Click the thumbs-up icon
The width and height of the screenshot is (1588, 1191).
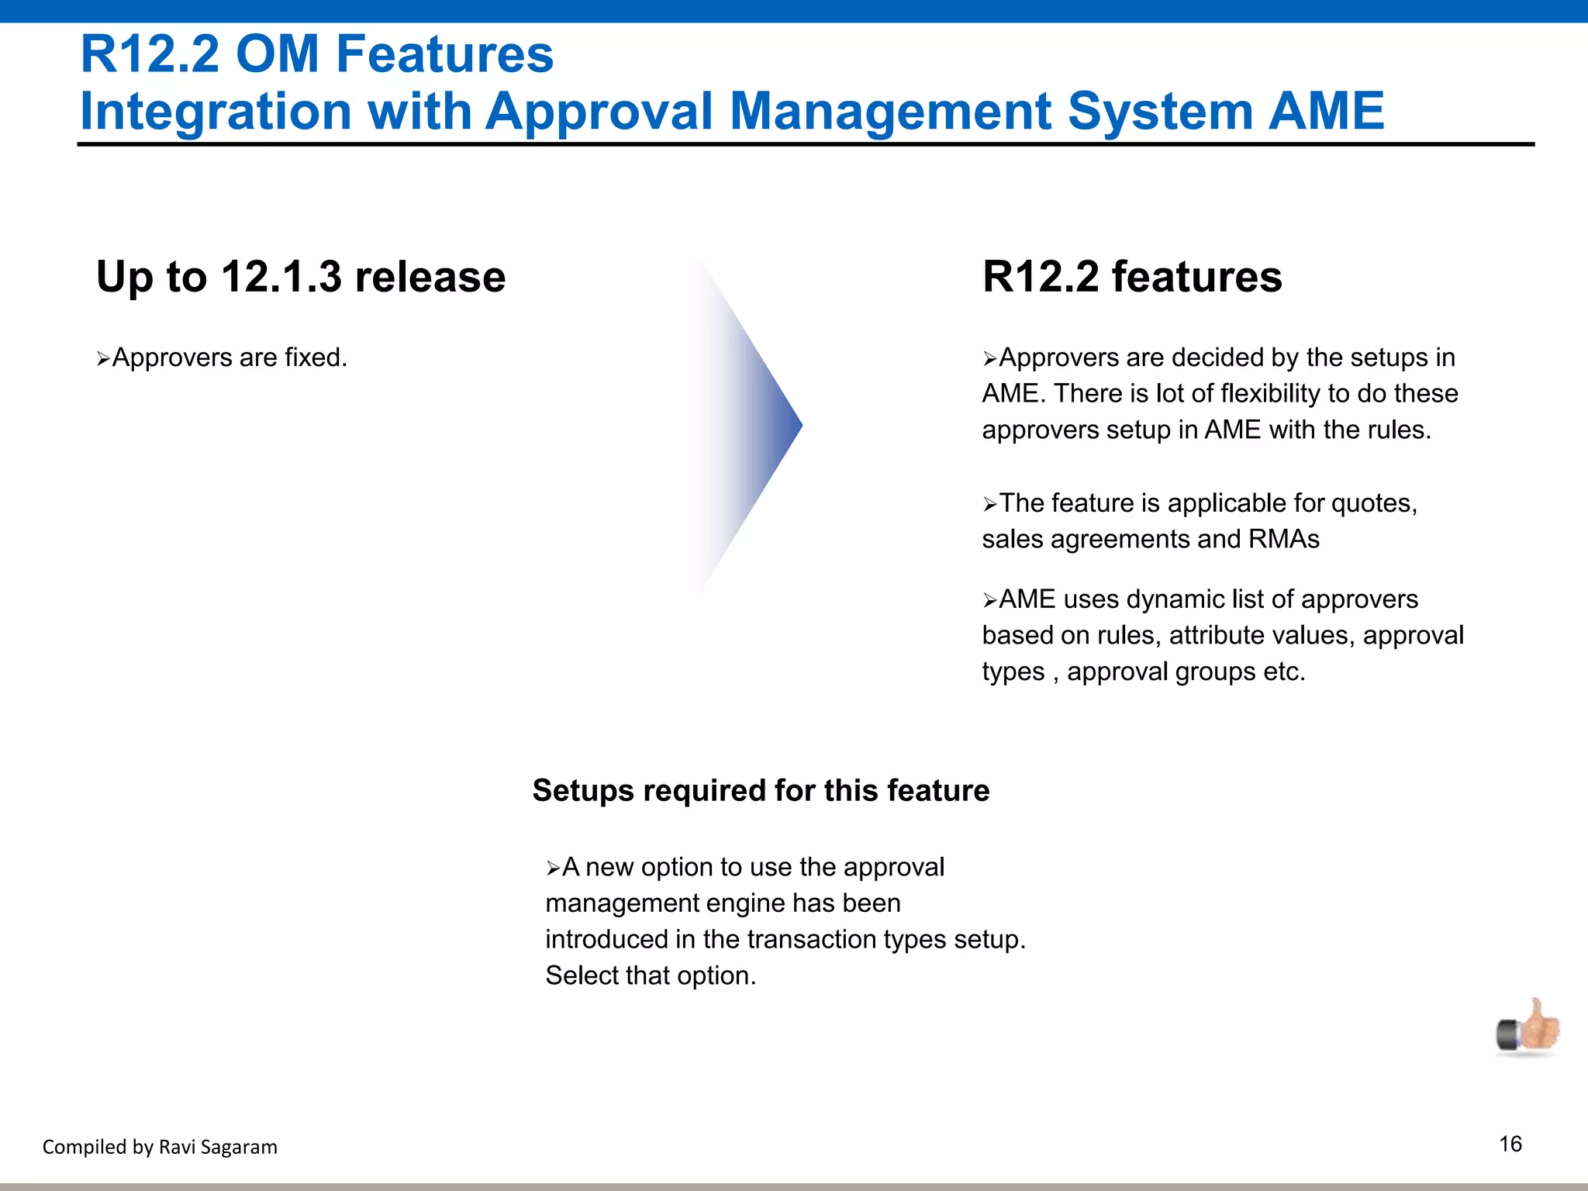pyautogui.click(x=1528, y=1028)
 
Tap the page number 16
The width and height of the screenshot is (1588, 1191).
pyautogui.click(x=1510, y=1144)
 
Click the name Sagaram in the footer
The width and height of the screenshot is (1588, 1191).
pyautogui.click(x=240, y=1147)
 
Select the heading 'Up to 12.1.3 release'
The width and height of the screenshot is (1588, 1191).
pyautogui.click(x=301, y=277)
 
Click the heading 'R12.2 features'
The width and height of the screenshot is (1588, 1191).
pyautogui.click(x=1132, y=277)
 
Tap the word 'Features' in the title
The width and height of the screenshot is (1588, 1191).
pyautogui.click(x=444, y=54)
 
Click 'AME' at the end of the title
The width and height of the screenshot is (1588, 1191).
pyautogui.click(x=1326, y=111)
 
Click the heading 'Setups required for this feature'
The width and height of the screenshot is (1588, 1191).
pyautogui.click(x=761, y=791)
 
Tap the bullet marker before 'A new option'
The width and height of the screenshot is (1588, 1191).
pyautogui.click(x=553, y=868)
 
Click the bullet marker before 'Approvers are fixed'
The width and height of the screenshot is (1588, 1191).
pyautogui.click(x=103, y=359)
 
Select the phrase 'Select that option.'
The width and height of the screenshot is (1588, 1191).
pyautogui.click(x=651, y=975)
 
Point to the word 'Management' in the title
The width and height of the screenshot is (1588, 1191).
pyautogui.click(x=890, y=111)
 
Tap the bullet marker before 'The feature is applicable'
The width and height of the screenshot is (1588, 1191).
pyautogui.click(x=989, y=505)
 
